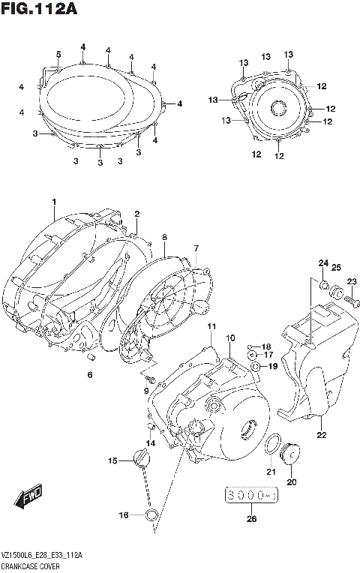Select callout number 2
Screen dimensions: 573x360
(x=136, y=214)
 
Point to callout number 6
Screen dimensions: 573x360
(x=89, y=374)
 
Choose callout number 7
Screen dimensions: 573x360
(x=196, y=248)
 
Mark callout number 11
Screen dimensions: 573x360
(x=212, y=326)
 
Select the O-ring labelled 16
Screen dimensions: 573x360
(x=151, y=514)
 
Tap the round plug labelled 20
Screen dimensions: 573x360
(x=290, y=453)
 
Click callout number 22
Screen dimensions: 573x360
(x=321, y=434)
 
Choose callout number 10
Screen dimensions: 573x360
(x=231, y=338)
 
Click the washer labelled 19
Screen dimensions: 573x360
(x=256, y=366)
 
